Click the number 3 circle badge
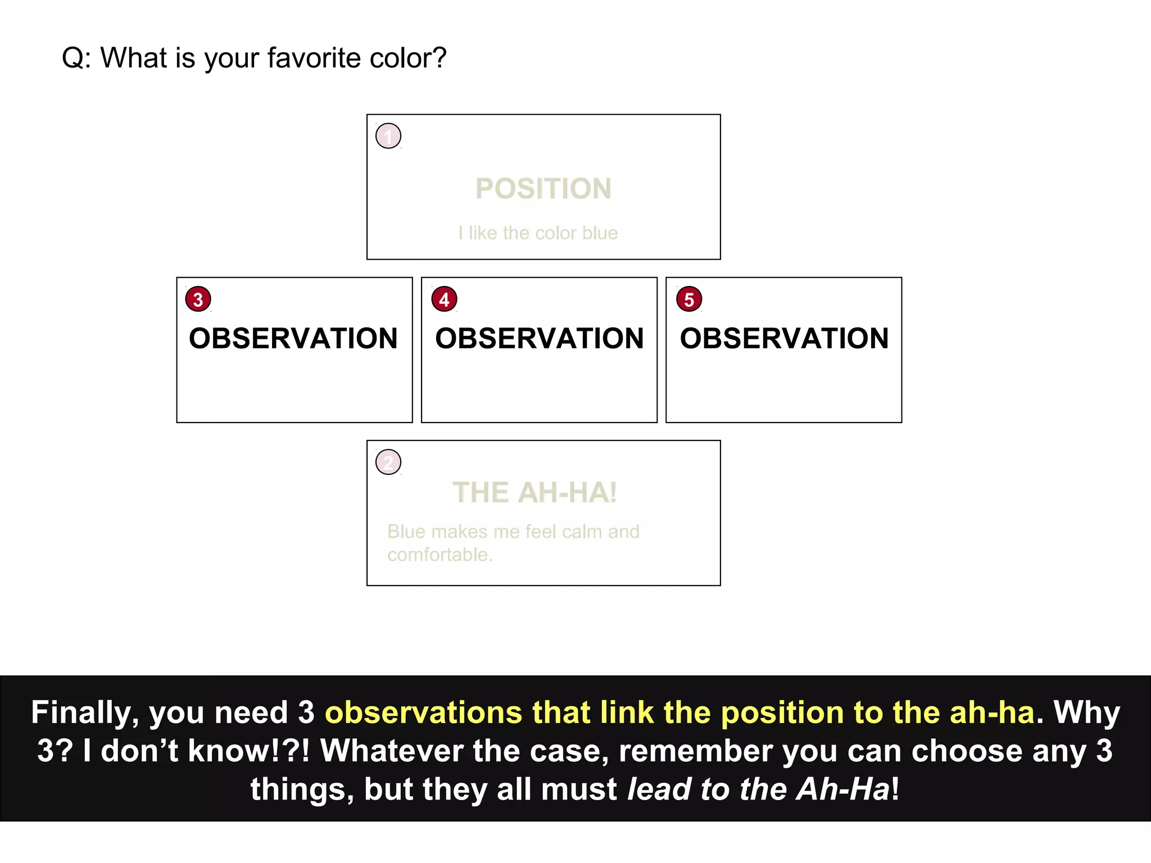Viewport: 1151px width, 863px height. click(198, 299)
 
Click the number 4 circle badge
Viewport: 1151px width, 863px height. click(444, 299)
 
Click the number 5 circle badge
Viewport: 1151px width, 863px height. click(689, 299)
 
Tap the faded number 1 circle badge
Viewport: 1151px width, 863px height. click(388, 136)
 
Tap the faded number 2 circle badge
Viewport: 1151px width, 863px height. click(388, 462)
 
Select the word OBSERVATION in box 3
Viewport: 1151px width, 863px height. click(293, 338)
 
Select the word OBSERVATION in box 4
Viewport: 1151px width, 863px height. click(540, 338)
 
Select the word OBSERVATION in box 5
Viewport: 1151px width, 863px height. click(785, 338)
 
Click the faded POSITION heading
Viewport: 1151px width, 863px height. click(543, 189)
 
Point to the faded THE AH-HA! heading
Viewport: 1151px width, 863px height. click(535, 493)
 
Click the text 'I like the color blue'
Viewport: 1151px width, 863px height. click(538, 233)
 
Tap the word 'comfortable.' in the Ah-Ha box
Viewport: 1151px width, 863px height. click(440, 555)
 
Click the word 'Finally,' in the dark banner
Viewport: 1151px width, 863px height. click(85, 713)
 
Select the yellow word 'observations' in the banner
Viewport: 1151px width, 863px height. click(424, 713)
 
